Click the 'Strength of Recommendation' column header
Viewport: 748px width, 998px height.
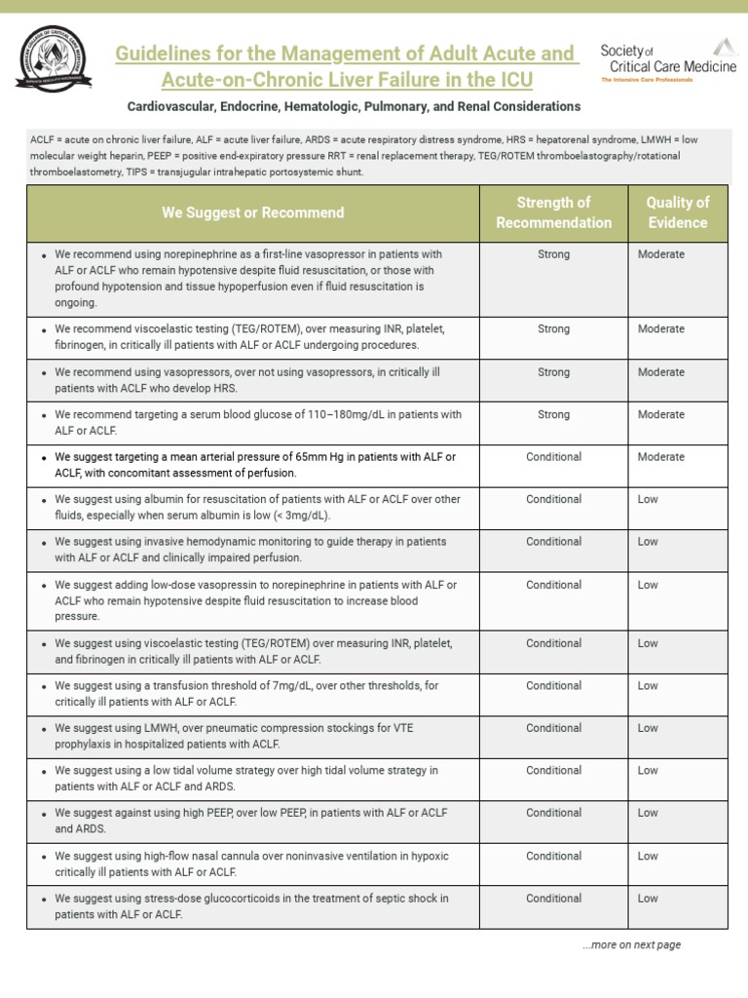[553, 212]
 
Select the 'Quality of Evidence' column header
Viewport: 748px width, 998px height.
[678, 212]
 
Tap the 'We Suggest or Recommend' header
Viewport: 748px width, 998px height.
[252, 212]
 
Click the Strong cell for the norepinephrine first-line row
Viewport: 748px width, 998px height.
[553, 254]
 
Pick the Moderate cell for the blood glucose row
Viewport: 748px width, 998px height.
[660, 414]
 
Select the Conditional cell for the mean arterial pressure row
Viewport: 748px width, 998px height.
[553, 457]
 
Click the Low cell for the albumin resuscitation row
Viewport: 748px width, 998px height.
[648, 499]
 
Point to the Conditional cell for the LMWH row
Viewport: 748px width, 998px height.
[553, 728]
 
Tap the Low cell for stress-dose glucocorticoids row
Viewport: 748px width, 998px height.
[648, 899]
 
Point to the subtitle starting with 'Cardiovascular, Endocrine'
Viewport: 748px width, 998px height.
[354, 106]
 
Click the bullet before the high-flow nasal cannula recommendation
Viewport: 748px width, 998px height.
[44, 857]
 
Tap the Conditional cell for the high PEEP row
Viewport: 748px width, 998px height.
[553, 813]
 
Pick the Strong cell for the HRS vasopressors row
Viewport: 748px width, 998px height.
[553, 372]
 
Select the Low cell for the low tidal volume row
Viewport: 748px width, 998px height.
[648, 770]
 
